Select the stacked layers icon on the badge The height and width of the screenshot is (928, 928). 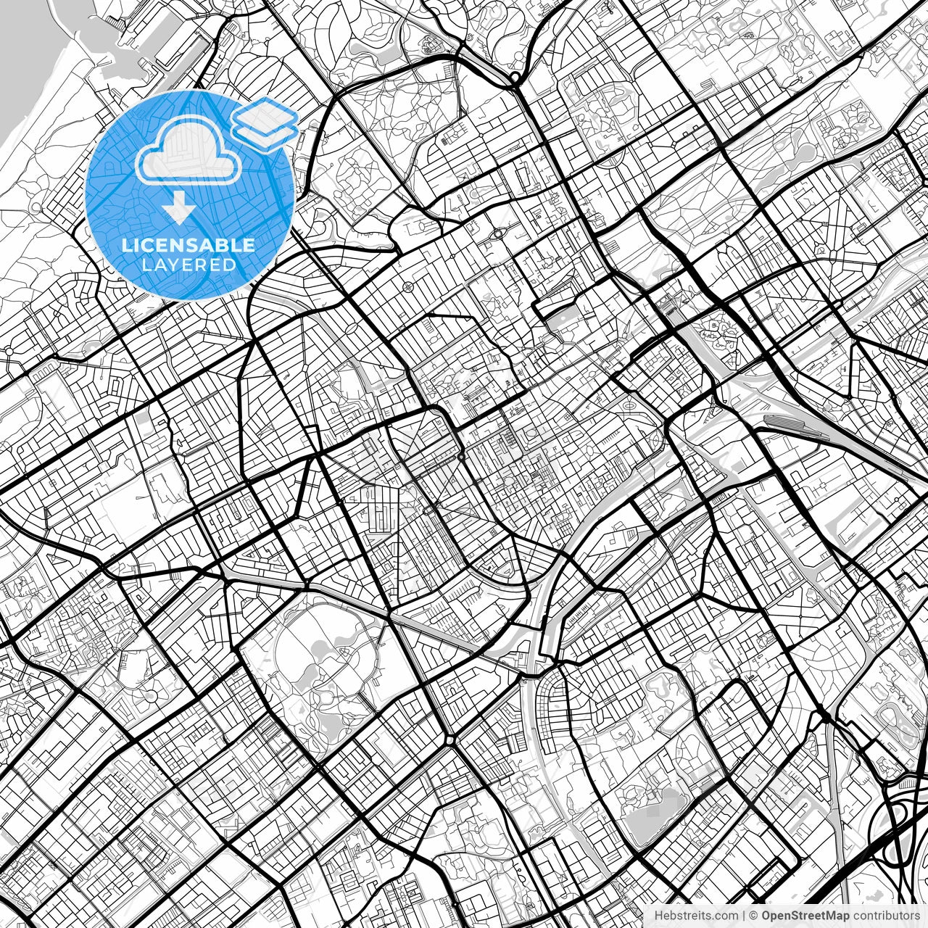click(265, 121)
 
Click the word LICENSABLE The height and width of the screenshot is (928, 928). click(188, 245)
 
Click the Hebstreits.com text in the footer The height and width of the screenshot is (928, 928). click(696, 916)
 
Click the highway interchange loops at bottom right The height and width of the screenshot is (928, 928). click(899, 826)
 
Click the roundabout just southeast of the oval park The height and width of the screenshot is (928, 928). click(449, 739)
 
